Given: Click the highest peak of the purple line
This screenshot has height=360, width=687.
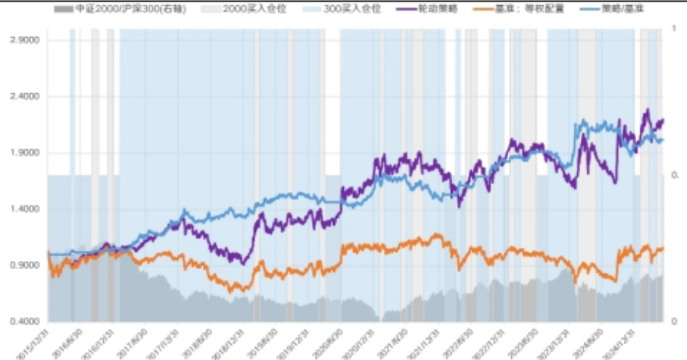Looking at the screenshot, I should [646, 110].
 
